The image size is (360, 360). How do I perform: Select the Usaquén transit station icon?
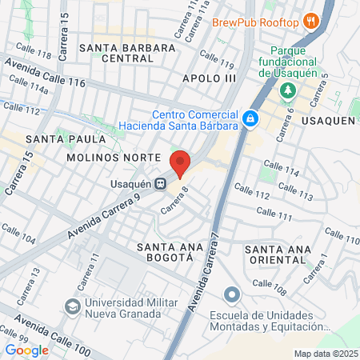tap(161, 183)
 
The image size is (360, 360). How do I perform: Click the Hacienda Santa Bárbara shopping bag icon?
tap(250, 118)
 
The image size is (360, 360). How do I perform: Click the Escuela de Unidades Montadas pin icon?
tap(232, 294)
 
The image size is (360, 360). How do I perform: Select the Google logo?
tap(26, 350)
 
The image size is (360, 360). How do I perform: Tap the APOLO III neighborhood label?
tap(210, 78)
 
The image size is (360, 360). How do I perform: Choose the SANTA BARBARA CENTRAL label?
tap(127, 53)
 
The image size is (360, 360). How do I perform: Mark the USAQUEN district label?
tap(328, 120)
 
